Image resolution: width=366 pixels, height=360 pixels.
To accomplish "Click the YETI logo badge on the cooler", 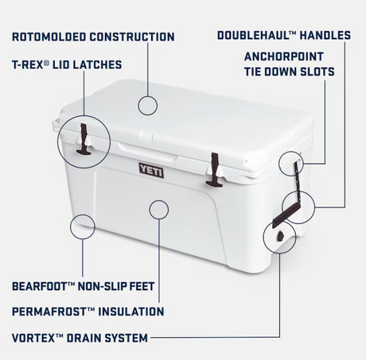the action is coord(151,170).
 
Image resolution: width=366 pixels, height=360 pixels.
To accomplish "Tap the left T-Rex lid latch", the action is coord(84,139).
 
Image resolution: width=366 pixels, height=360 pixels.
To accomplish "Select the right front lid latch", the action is coord(214,170).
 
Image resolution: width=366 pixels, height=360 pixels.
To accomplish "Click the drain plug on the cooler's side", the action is coord(280,236).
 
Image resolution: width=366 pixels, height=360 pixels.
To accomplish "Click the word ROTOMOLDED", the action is coord(49,37).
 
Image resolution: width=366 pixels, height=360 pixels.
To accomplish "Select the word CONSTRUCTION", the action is coord(132,37).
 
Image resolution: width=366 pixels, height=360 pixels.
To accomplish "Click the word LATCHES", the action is coord(97,64).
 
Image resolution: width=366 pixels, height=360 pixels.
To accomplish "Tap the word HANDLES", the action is coord(325,35).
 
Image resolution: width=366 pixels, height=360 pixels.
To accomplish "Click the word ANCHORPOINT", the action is coord(284,56).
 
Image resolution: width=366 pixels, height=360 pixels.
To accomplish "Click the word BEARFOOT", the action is coord(39,286).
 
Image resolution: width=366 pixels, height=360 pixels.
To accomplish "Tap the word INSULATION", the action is coord(131,312).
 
